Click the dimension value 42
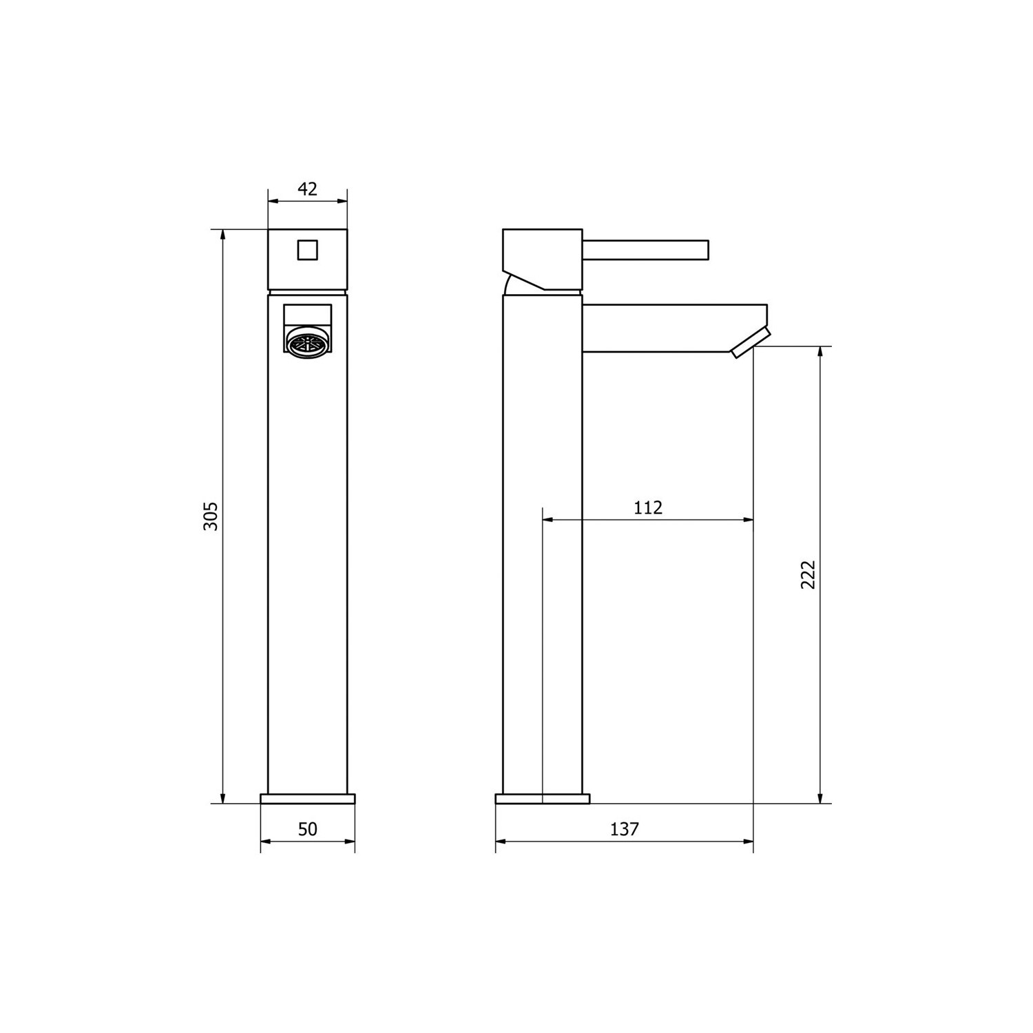point(307,189)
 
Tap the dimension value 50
point(307,829)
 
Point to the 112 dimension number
point(647,508)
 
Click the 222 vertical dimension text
point(808,574)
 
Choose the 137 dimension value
point(624,829)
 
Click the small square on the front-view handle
point(307,249)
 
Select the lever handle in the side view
point(645,251)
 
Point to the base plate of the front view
point(307,799)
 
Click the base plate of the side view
point(542,799)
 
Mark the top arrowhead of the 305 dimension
point(222,234)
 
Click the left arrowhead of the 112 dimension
point(548,520)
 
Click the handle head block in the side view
point(543,258)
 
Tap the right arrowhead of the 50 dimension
point(350,842)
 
